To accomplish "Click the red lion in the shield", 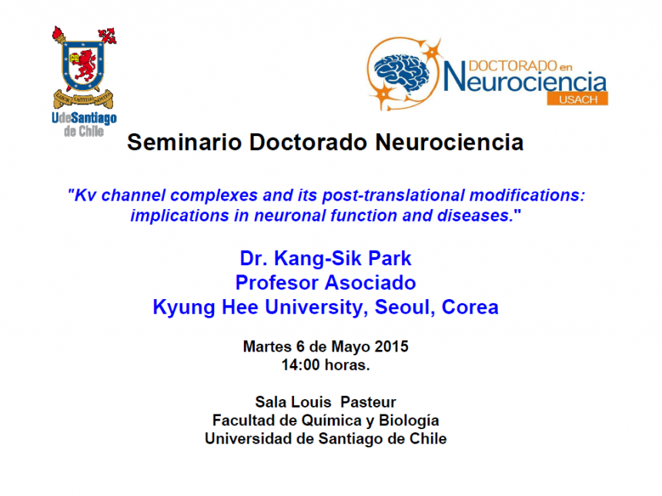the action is point(85,65).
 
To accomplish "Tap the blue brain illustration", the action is point(402,72).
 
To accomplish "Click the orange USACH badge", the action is point(577,99).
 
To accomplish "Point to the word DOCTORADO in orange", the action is point(513,66).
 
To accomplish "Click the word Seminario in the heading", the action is point(185,142).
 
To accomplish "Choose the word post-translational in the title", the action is point(393,195).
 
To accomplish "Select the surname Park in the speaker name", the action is point(390,258).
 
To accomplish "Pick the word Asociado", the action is point(370,282).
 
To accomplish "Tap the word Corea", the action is point(470,307).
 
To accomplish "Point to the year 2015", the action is point(391,347).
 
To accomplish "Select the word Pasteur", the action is point(368,402).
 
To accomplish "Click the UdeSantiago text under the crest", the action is point(84,118).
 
